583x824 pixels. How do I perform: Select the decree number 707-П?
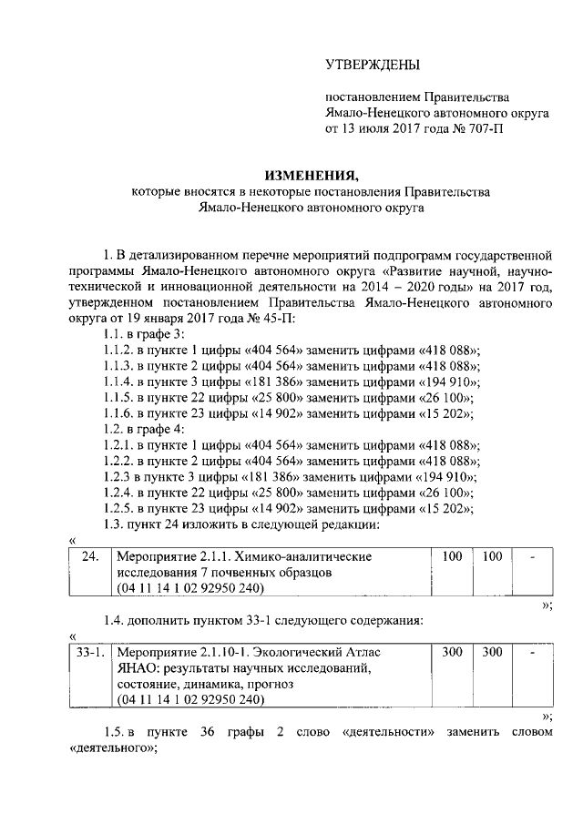(x=476, y=128)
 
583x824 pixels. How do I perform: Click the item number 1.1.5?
(x=120, y=398)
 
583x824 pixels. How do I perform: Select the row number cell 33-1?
(x=88, y=652)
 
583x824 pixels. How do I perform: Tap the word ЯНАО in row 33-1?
(x=134, y=669)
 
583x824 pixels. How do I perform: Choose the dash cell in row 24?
(x=531, y=555)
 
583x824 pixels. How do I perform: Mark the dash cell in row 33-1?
(x=531, y=652)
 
